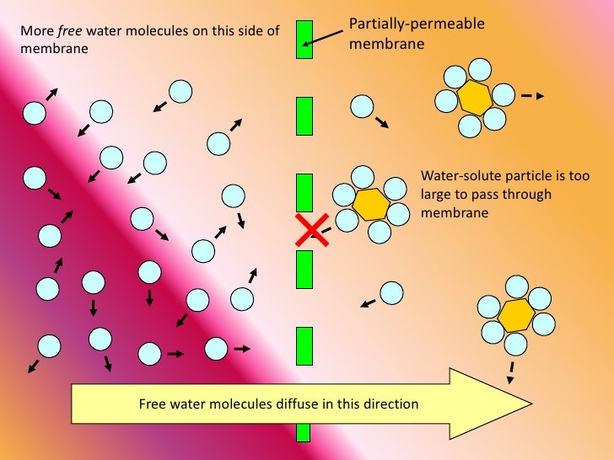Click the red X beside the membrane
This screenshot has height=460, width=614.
(312, 230)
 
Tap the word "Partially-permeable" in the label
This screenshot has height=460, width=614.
(417, 24)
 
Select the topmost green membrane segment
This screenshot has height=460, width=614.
(304, 39)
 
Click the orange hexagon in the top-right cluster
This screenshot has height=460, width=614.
(475, 98)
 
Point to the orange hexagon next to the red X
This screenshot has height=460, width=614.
(369, 204)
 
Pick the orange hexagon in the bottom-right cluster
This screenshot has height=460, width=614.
(514, 315)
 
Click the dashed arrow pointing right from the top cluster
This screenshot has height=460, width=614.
(532, 96)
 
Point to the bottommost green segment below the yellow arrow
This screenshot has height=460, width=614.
(304, 433)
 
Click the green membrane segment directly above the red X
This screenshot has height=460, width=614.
(304, 192)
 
